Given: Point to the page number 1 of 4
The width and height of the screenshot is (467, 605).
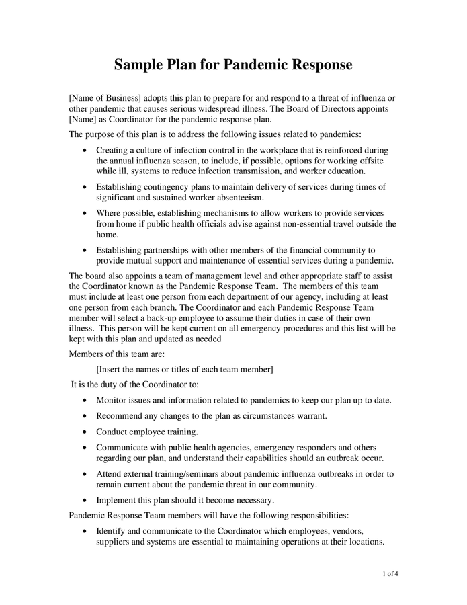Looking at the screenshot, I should [x=390, y=574].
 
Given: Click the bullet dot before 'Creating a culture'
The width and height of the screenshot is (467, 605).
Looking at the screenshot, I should [x=83, y=151].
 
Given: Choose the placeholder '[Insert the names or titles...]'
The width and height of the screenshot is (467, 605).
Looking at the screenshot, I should [x=185, y=369].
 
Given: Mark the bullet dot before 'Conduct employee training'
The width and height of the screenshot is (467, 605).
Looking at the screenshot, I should [x=83, y=432].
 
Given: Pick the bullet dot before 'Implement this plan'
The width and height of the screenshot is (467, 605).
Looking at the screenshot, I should [x=83, y=500].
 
